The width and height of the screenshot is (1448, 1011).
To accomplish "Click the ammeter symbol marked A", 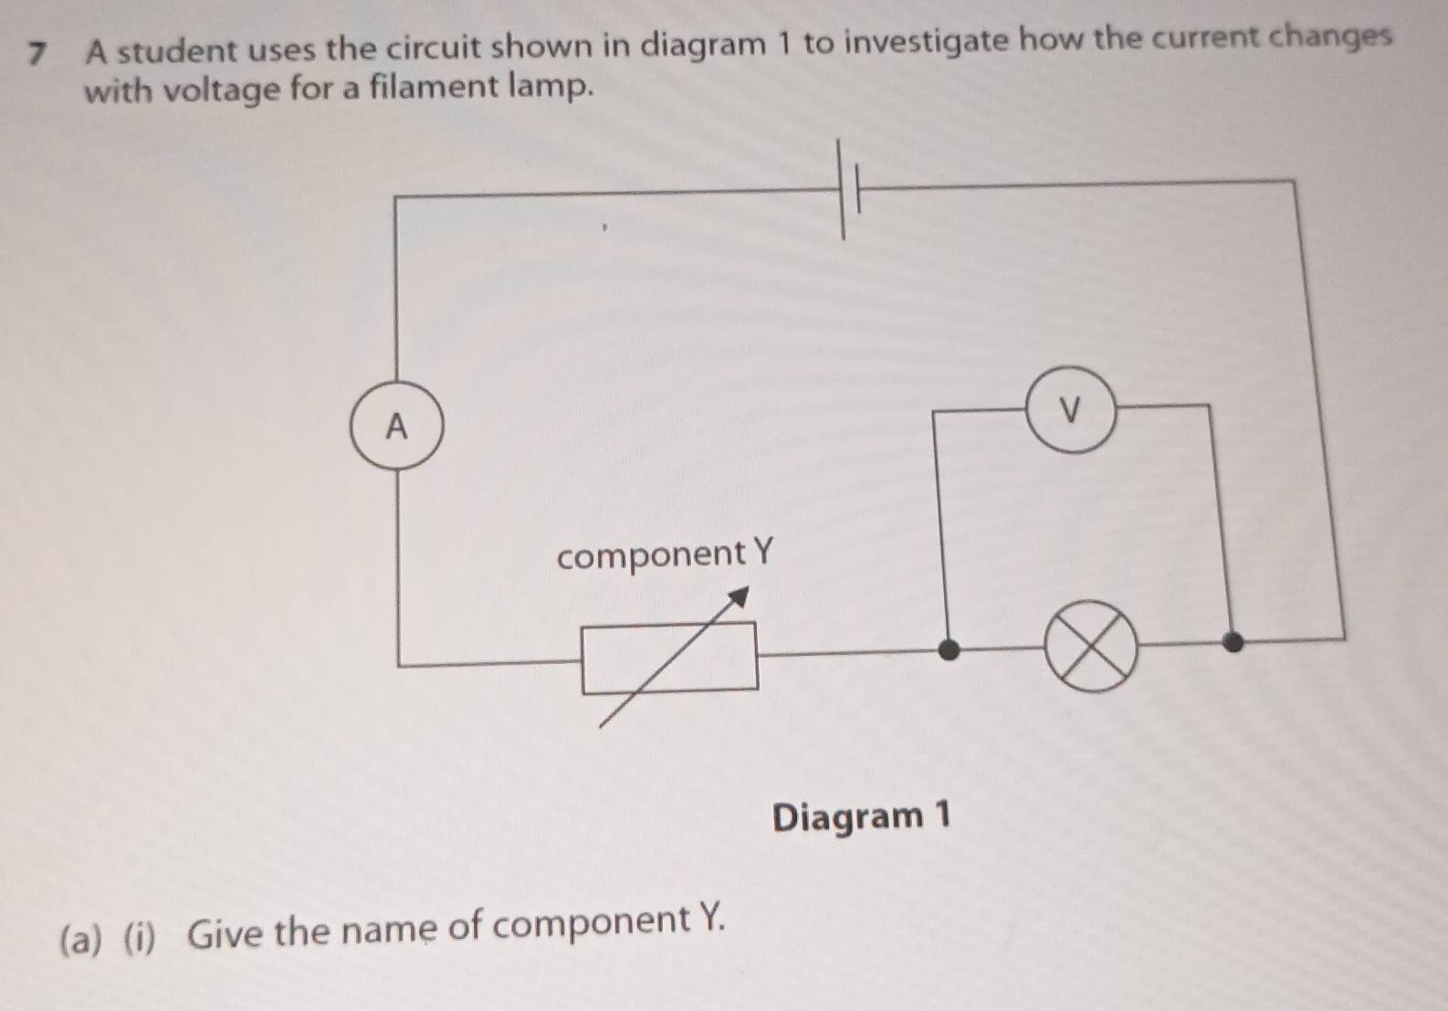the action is point(397,426).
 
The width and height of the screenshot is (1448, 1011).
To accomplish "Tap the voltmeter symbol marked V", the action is point(1072,409).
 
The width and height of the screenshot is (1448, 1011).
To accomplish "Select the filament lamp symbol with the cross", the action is point(1091,647).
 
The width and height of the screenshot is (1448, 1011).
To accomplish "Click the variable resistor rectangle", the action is point(670,658).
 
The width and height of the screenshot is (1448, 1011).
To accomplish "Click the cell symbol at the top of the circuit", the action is point(849,190).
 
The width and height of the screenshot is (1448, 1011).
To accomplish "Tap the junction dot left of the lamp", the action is point(949,648).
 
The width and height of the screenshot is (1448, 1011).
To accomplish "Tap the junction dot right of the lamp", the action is point(1233,642).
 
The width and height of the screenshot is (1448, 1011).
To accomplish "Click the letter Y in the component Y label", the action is point(762,552).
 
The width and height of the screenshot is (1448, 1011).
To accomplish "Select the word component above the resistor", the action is point(650,556).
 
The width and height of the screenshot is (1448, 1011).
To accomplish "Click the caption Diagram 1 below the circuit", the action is point(861,816).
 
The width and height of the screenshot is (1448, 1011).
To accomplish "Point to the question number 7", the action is point(38,54).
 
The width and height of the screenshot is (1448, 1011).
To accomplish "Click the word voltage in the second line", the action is point(219,90).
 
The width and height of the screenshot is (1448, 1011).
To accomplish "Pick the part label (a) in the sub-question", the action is point(81,940).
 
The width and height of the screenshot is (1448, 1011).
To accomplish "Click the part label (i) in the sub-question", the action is point(140,938).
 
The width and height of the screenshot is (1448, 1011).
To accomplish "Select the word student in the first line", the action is point(177,50).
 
